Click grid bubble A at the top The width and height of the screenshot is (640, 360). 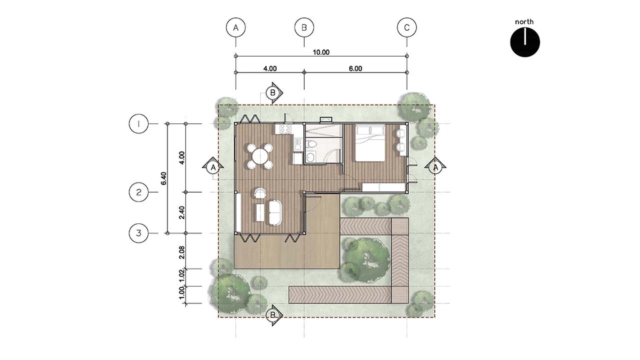[236, 28]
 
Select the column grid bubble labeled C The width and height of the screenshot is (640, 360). [407, 28]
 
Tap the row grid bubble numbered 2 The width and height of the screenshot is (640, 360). [139, 192]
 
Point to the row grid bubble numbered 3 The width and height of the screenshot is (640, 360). [139, 233]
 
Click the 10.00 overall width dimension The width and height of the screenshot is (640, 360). [321, 52]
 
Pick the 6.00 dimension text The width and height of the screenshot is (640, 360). [355, 69]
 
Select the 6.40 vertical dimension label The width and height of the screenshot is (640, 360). [164, 179]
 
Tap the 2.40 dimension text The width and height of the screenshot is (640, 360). [182, 213]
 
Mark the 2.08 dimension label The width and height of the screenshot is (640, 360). [182, 252]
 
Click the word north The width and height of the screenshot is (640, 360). [524, 21]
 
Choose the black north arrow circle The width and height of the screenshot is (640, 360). [525, 42]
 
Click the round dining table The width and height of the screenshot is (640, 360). [260, 156]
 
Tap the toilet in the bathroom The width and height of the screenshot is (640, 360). [311, 144]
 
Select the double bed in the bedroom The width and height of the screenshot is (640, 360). [371, 143]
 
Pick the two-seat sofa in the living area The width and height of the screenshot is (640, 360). [275, 212]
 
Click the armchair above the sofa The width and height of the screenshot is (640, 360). [259, 193]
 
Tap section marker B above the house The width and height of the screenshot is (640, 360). [273, 93]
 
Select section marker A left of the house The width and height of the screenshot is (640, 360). [213, 167]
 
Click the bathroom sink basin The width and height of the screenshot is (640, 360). [311, 158]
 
